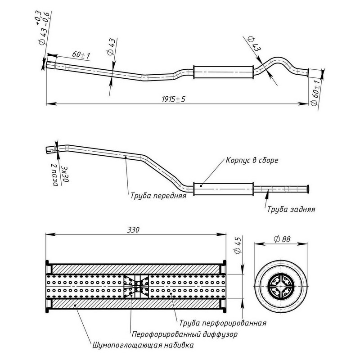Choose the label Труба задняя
tap(291, 209)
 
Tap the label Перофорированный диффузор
tap(184, 335)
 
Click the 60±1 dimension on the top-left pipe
tap(81, 55)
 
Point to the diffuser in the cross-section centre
tap(135, 285)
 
